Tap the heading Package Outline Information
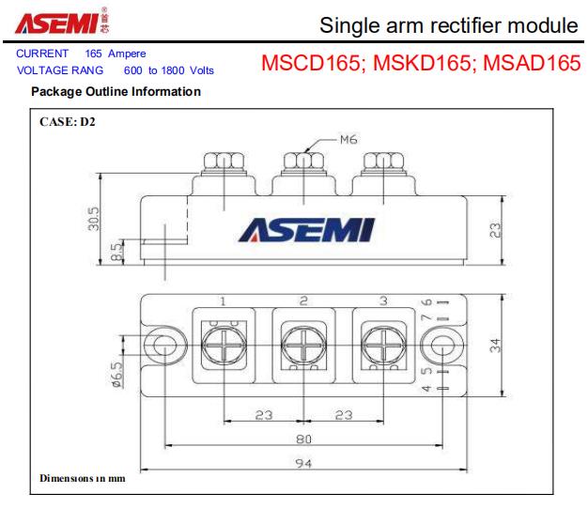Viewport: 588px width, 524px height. [x=116, y=91]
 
